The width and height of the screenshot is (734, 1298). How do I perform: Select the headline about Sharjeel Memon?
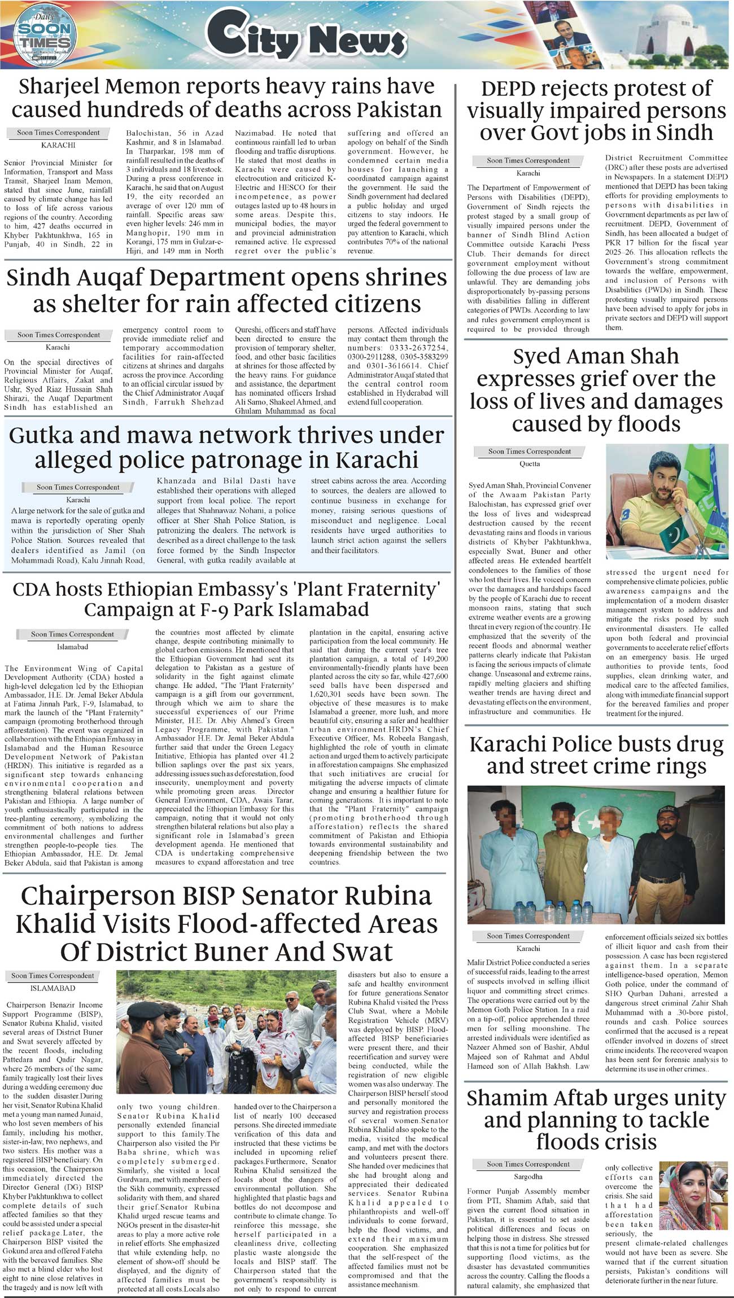coord(226,98)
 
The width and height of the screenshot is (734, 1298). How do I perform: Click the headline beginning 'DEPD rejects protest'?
coord(596,111)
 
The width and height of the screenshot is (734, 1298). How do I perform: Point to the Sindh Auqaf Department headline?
coord(226,291)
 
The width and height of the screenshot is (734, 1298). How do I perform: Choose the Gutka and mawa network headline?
coord(226,448)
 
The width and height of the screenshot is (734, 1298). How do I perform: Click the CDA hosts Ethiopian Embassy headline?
coord(226,599)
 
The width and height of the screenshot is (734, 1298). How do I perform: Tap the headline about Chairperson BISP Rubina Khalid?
coord(226,923)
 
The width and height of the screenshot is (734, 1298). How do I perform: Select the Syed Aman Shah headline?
coord(596,390)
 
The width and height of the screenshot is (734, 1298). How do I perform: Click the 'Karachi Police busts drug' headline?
coord(596,755)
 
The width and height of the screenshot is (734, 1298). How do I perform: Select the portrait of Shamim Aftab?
coord(693,1195)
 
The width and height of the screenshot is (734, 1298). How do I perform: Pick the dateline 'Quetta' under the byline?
coord(530,464)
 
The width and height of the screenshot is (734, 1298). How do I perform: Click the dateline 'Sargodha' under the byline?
coord(528,1177)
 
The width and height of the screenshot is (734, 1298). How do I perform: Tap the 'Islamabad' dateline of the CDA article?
coord(72,647)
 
